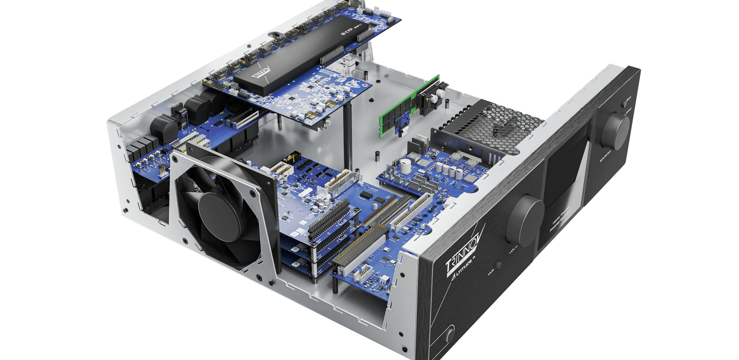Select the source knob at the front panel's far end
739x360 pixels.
click(615, 131)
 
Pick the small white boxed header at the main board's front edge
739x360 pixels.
click(365, 272)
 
